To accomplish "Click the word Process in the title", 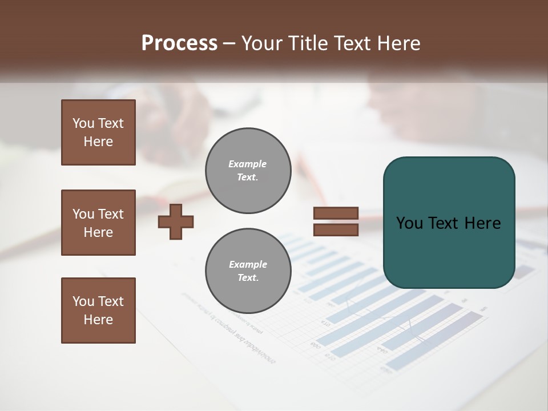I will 179,43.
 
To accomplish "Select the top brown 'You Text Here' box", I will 98,132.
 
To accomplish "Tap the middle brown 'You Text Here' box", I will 98,223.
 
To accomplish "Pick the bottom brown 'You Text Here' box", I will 98,311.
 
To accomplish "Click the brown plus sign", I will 176,221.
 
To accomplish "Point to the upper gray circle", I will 248,171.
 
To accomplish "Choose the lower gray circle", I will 248,271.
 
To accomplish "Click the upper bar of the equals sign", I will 336,213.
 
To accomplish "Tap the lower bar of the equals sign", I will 336,229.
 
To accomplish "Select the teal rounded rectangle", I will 449,222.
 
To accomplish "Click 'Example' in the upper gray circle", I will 248,164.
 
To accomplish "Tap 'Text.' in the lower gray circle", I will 248,278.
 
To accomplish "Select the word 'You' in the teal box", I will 410,223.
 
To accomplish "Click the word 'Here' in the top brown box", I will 98,142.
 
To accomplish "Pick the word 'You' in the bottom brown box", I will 83,301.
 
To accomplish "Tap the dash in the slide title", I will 229,43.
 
